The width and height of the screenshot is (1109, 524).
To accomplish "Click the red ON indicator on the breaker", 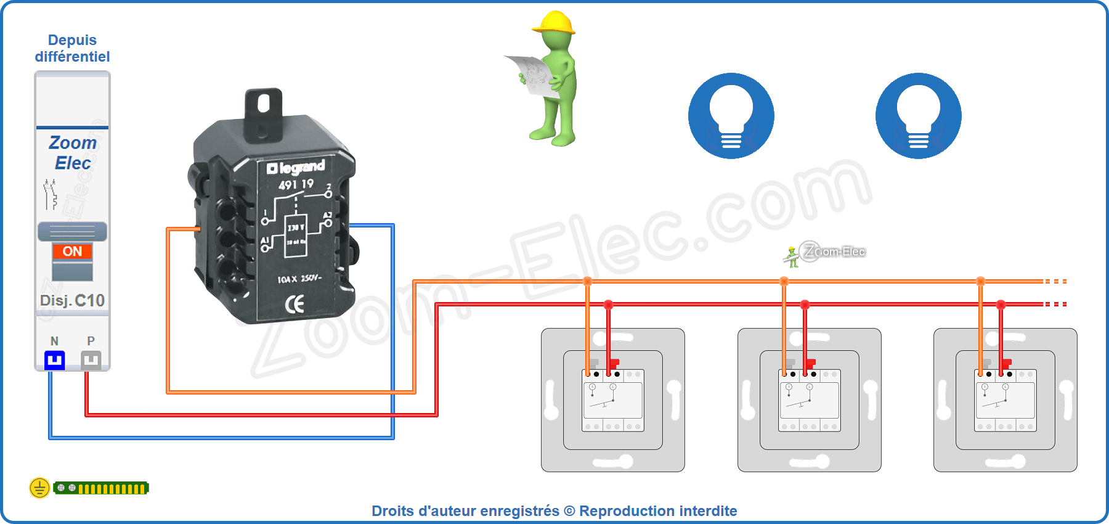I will click(x=72, y=251).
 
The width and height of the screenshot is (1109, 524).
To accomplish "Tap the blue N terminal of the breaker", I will click(x=54, y=360).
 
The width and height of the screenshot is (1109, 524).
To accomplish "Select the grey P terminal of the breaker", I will click(x=91, y=360).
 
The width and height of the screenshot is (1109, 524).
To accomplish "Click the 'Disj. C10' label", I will click(x=72, y=300).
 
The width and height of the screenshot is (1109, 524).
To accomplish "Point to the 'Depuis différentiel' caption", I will click(x=72, y=48).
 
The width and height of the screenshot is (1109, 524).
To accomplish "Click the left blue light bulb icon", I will click(x=731, y=116).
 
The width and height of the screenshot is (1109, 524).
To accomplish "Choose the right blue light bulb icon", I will click(x=919, y=116).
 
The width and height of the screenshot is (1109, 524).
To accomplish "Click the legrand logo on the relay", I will click(x=296, y=167).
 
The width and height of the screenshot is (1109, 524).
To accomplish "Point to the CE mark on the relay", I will click(x=295, y=304).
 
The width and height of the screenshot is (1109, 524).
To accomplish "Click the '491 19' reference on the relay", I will click(x=296, y=184).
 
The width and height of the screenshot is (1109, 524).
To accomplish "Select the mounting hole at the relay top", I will click(x=264, y=103).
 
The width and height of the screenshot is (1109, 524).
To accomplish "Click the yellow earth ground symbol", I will click(x=39, y=488).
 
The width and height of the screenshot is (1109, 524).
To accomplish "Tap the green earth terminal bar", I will click(x=102, y=488).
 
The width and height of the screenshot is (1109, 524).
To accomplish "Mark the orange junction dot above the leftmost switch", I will click(x=587, y=282).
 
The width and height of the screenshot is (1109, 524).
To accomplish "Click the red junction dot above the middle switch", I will click(x=805, y=305).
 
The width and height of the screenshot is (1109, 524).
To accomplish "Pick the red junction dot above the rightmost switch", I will click(x=1001, y=305).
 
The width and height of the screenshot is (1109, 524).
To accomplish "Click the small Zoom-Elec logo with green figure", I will click(x=826, y=253).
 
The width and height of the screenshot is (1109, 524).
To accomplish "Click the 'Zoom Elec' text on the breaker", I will click(x=72, y=153).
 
